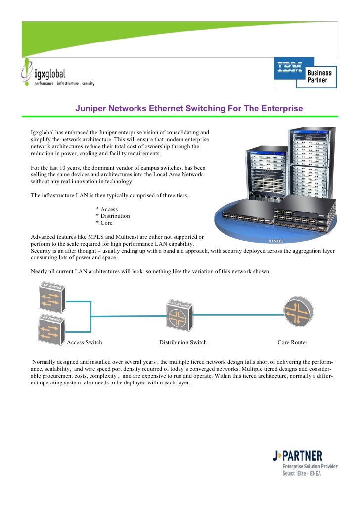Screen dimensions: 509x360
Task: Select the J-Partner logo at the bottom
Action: point(305,463)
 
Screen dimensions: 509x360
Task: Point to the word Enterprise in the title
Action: point(283,108)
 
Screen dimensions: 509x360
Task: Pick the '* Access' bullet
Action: point(107,209)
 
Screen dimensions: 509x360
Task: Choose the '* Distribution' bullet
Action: point(113,216)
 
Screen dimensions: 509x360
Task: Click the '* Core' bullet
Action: point(104,223)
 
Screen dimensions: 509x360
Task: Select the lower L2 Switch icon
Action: point(49,326)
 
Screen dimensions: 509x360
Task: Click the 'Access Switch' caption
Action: point(85,342)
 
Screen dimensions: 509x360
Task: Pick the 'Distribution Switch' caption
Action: point(183,342)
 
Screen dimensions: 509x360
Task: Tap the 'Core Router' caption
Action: point(292,342)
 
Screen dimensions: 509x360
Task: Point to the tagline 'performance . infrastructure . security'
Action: point(64,84)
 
